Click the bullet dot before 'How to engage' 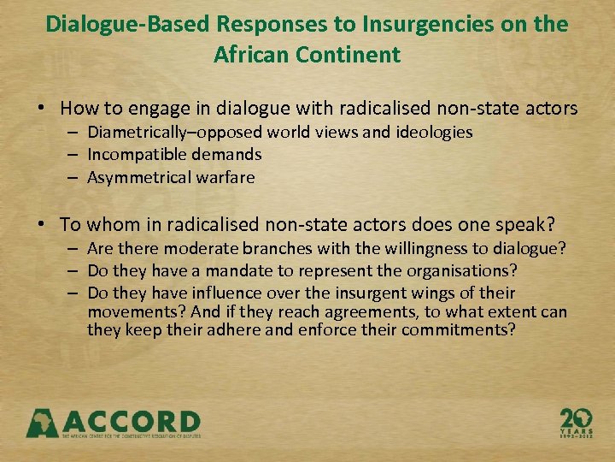tap(41, 109)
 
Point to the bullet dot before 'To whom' tap(41, 224)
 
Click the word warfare tap(225, 176)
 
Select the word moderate tap(201, 249)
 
